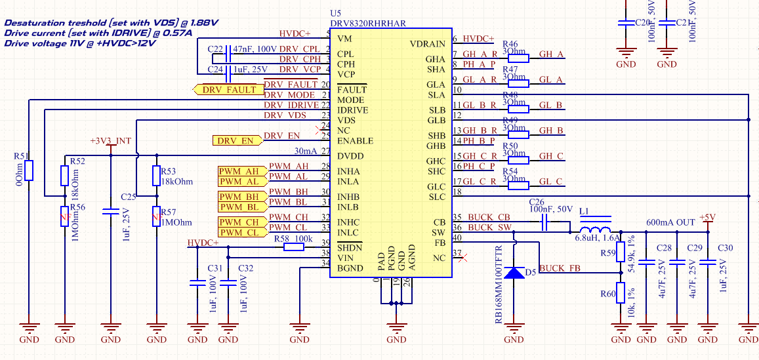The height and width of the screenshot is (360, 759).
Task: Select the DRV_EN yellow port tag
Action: (x=235, y=140)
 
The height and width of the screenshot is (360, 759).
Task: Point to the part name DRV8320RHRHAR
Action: (x=367, y=23)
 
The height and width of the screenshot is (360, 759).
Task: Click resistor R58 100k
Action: (x=293, y=249)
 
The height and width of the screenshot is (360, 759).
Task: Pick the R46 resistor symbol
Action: (x=518, y=58)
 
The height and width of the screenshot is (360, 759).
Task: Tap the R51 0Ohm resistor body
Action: (x=30, y=171)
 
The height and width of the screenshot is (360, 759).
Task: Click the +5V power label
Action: (x=707, y=217)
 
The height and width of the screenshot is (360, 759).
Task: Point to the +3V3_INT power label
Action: (x=110, y=141)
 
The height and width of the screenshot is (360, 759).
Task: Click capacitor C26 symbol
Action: (x=544, y=224)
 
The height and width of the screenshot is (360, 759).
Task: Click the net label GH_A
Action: (x=550, y=54)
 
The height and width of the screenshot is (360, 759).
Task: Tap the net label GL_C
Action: (x=550, y=182)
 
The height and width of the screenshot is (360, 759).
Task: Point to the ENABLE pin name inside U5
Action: (x=355, y=141)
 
